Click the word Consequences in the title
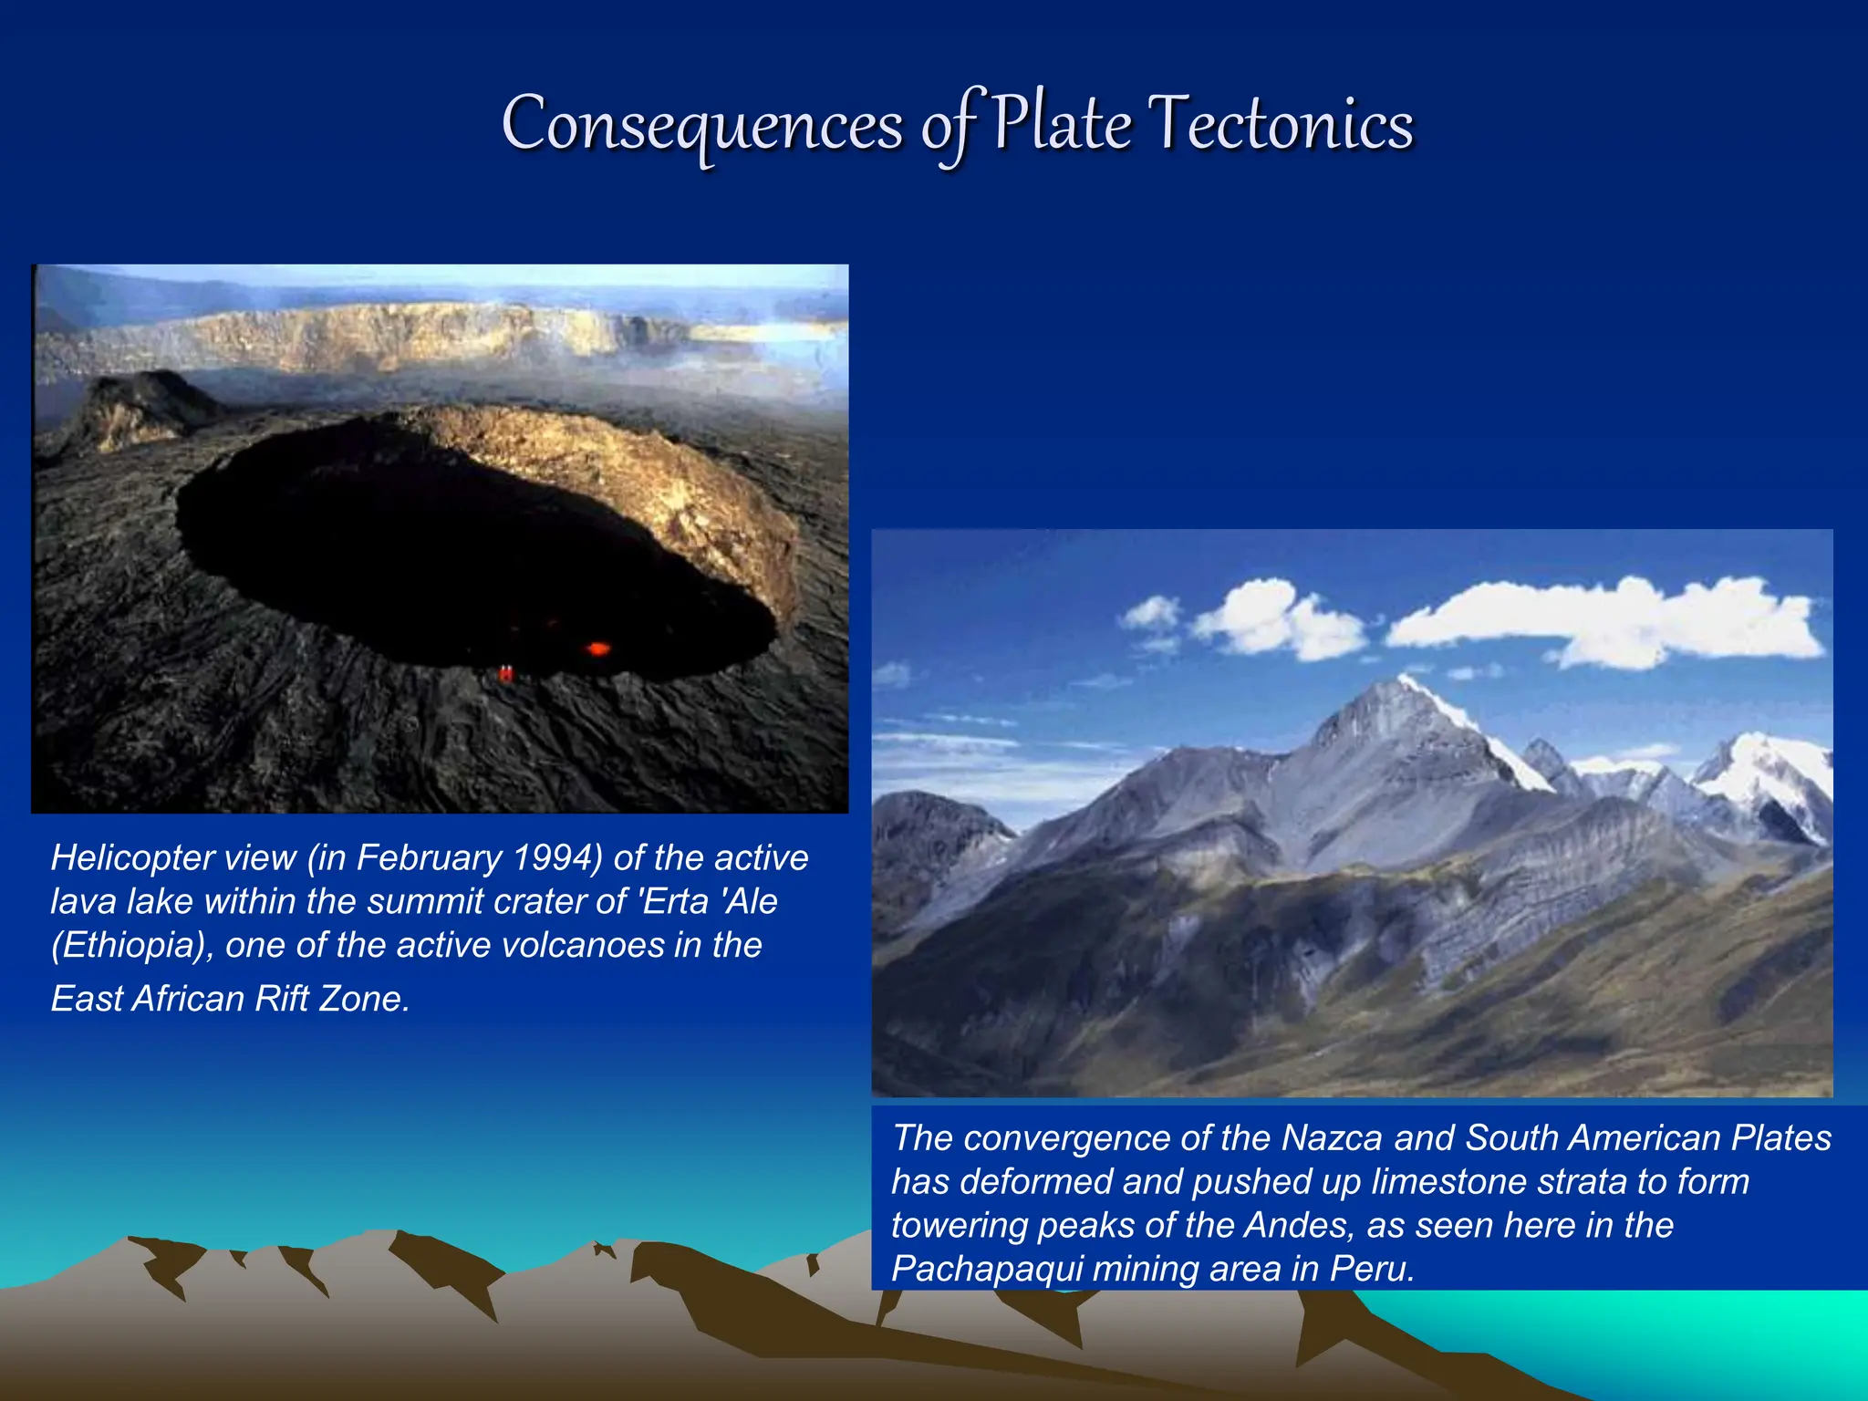click(x=702, y=126)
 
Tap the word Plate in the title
click(x=1062, y=124)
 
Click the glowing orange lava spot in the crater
click(x=597, y=649)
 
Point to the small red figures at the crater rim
click(x=505, y=673)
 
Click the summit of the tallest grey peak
click(x=1400, y=679)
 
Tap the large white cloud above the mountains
click(x=1605, y=619)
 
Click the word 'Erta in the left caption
click(x=675, y=902)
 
